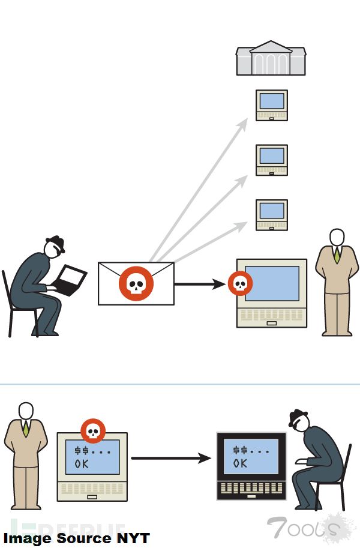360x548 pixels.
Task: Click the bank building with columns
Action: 271,58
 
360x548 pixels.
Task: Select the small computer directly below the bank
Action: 272,105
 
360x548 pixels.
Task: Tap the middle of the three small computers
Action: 272,160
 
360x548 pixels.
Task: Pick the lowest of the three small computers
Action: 272,214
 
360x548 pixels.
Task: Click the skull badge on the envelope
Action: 136,283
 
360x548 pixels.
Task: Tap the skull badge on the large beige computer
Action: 240,284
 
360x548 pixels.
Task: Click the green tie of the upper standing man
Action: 337,254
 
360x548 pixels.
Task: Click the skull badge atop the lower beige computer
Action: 93,431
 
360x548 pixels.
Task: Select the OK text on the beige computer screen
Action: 82,464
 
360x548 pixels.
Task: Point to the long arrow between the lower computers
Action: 171,459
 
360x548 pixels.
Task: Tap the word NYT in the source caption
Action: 133,538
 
